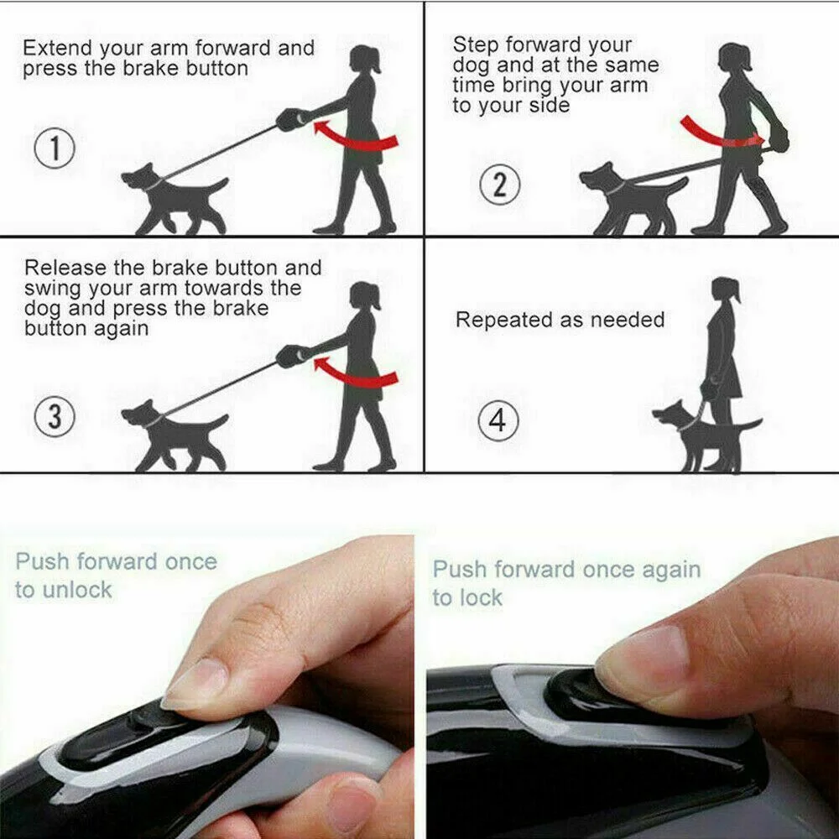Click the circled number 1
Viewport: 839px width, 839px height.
(x=55, y=150)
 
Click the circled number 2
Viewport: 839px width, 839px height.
(x=499, y=184)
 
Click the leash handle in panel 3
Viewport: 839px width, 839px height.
(x=290, y=356)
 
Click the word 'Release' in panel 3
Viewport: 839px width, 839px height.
(x=65, y=268)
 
